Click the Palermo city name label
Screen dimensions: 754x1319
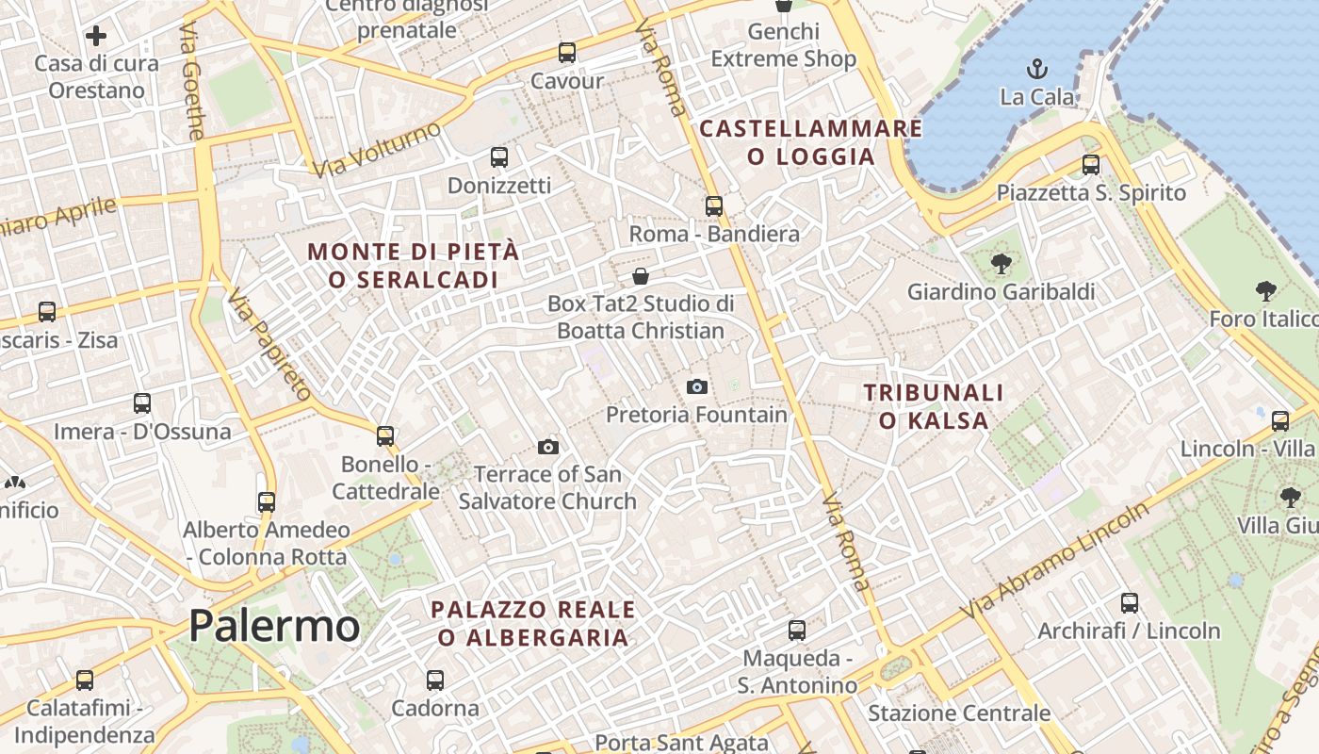tap(274, 626)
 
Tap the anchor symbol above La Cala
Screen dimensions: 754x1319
tap(1036, 69)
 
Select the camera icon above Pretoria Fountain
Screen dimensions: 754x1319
tap(697, 386)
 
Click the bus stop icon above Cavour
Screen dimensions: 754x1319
tap(566, 53)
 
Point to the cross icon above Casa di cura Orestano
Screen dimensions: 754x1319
tap(96, 37)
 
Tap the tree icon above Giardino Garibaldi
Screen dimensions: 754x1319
tap(1001, 264)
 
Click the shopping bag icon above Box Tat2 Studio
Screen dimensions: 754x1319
tap(641, 276)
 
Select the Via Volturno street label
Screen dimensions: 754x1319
tap(377, 149)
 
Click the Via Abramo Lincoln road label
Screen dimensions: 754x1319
tap(1055, 560)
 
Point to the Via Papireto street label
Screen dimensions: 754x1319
tap(269, 344)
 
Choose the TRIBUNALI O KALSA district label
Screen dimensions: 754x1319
tap(934, 406)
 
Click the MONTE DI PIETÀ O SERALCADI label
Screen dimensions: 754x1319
tap(414, 266)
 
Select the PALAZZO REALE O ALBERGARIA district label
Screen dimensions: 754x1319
tap(533, 623)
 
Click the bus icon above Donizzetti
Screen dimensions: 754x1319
tap(499, 157)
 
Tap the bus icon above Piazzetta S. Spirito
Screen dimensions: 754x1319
tap(1091, 165)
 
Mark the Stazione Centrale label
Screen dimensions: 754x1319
tap(958, 713)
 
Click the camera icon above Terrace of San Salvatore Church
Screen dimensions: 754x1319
tap(548, 447)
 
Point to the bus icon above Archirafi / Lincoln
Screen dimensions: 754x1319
tap(1130, 603)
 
